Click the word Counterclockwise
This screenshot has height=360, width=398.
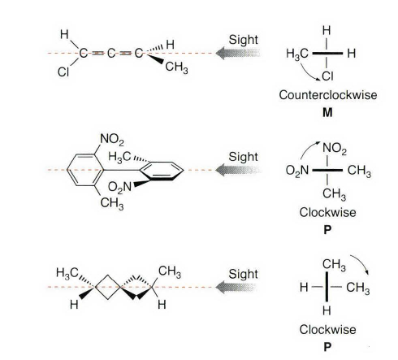coord(328,95)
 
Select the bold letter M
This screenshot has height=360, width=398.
coord(327,112)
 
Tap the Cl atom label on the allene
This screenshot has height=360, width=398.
coord(63,72)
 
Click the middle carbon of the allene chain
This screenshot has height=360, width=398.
coord(111,53)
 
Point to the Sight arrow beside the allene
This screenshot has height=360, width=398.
coord(238,53)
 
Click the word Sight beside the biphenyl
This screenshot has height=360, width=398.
coord(243,157)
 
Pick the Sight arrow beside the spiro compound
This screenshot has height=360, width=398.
coord(236,287)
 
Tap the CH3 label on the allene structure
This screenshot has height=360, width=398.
coord(176,67)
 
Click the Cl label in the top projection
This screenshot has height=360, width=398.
coord(327,76)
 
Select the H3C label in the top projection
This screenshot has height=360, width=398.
coord(297,54)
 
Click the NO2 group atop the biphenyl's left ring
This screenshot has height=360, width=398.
coord(112,140)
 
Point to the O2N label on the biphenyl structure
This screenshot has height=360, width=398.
coord(119,187)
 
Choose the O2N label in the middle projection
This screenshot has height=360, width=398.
coord(297,171)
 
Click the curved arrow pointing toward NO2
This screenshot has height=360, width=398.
coord(308,148)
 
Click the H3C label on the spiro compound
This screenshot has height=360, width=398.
coord(67,273)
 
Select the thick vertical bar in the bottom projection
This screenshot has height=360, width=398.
coord(327,287)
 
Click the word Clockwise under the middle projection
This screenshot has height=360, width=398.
coord(327,212)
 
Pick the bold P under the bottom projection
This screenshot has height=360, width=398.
coord(327,347)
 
